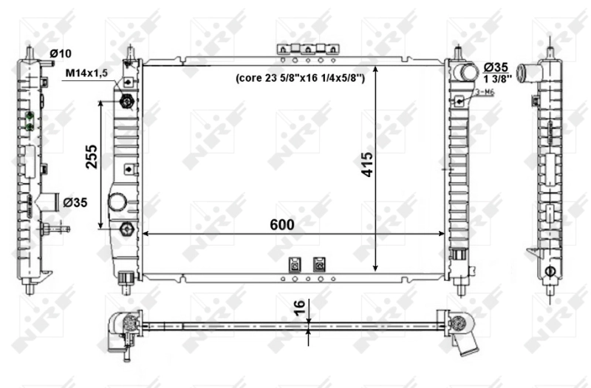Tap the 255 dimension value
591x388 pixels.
[x=92, y=156]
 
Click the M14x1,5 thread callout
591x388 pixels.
[x=87, y=72]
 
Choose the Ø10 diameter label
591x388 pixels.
[x=60, y=53]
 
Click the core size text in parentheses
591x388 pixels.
[x=300, y=77]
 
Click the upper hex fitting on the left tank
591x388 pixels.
[x=126, y=101]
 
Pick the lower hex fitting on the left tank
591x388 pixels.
[x=125, y=229]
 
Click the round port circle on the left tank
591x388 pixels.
[x=117, y=202]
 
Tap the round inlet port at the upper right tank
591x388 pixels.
[x=466, y=72]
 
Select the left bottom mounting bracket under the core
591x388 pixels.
[x=293, y=263]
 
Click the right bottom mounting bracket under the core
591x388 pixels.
[x=319, y=263]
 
